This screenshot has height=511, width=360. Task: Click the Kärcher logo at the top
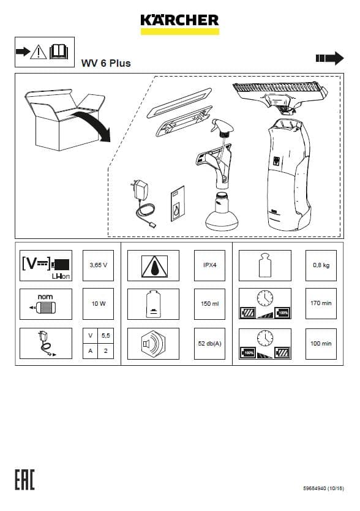click(x=180, y=24)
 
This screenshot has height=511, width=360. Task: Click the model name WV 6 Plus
click(x=106, y=63)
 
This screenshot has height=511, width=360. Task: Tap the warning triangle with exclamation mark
click(x=39, y=52)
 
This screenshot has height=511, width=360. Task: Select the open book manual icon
click(x=59, y=52)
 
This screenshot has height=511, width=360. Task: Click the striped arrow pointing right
click(x=329, y=58)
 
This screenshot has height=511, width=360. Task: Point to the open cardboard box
click(x=65, y=119)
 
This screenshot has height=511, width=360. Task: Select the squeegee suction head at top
click(x=281, y=96)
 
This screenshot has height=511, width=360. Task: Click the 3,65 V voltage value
click(x=99, y=265)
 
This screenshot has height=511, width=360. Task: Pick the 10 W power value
click(x=99, y=303)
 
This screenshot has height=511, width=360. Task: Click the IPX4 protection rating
click(x=210, y=265)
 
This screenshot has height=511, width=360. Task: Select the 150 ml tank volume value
click(x=210, y=303)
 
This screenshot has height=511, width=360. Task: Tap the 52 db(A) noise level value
click(x=210, y=343)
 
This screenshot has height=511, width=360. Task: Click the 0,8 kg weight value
click(x=321, y=265)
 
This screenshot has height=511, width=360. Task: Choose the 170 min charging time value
click(x=321, y=303)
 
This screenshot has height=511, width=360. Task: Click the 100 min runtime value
click(x=321, y=343)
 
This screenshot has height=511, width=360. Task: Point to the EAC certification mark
click(x=24, y=480)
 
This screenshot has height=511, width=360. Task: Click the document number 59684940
click(x=315, y=488)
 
